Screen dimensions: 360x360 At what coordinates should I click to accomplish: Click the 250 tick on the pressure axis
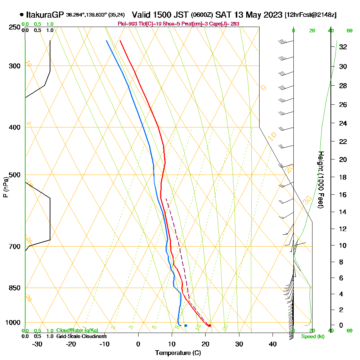[14, 27]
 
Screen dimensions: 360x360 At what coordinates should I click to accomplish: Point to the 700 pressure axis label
[14, 247]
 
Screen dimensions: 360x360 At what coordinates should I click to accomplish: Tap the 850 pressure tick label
[14, 288]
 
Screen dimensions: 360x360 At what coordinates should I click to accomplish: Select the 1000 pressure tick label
[12, 322]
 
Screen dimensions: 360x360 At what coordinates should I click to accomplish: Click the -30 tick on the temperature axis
[37, 344]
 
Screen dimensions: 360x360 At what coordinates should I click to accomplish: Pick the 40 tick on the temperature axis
[273, 344]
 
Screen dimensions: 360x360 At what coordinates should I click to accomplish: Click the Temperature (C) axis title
[178, 353]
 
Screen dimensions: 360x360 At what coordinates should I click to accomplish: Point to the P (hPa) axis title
[5, 187]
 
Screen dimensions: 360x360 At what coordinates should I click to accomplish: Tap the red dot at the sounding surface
[210, 325]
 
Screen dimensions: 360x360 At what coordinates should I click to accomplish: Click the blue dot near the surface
[186, 325]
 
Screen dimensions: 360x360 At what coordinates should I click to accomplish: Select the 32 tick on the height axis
[343, 47]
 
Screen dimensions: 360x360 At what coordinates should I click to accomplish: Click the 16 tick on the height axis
[343, 195]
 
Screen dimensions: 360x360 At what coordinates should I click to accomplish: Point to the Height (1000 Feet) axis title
[321, 180]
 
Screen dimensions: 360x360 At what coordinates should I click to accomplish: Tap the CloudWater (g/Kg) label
[77, 330]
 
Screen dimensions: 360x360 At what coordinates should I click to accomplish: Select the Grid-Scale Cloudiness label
[81, 336]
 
